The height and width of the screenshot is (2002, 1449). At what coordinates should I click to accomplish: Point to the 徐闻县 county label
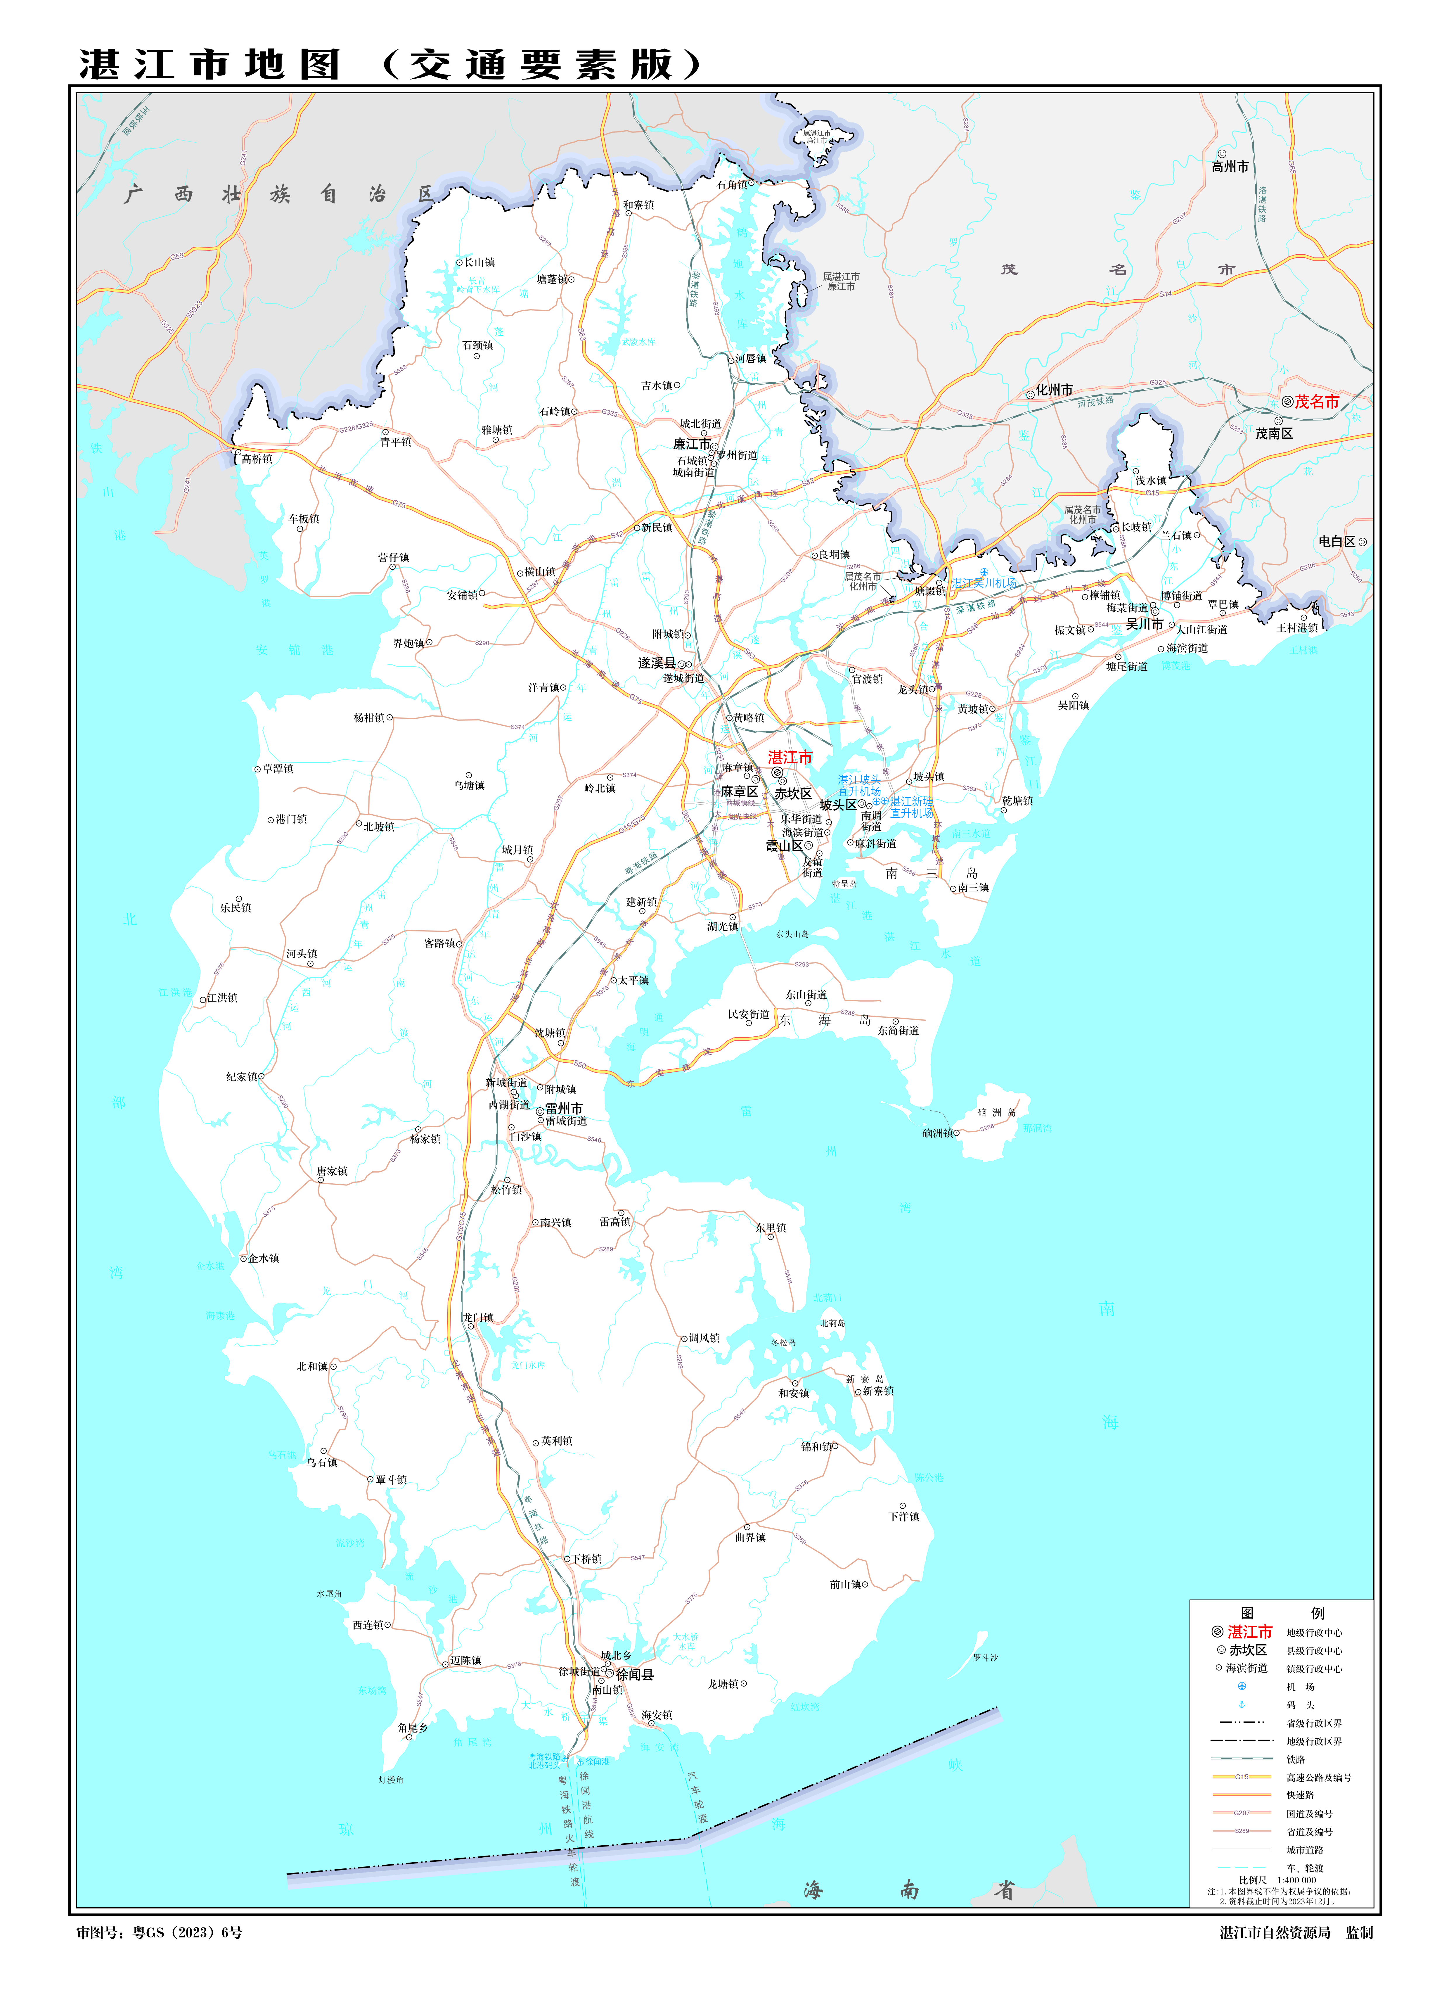click(634, 1674)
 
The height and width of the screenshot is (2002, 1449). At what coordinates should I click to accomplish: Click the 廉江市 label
click(691, 444)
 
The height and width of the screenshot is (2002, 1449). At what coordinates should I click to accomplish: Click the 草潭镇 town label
click(278, 769)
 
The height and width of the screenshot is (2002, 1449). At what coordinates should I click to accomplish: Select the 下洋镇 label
click(904, 1517)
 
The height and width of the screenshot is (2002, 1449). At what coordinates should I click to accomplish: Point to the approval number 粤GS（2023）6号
click(187, 1932)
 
